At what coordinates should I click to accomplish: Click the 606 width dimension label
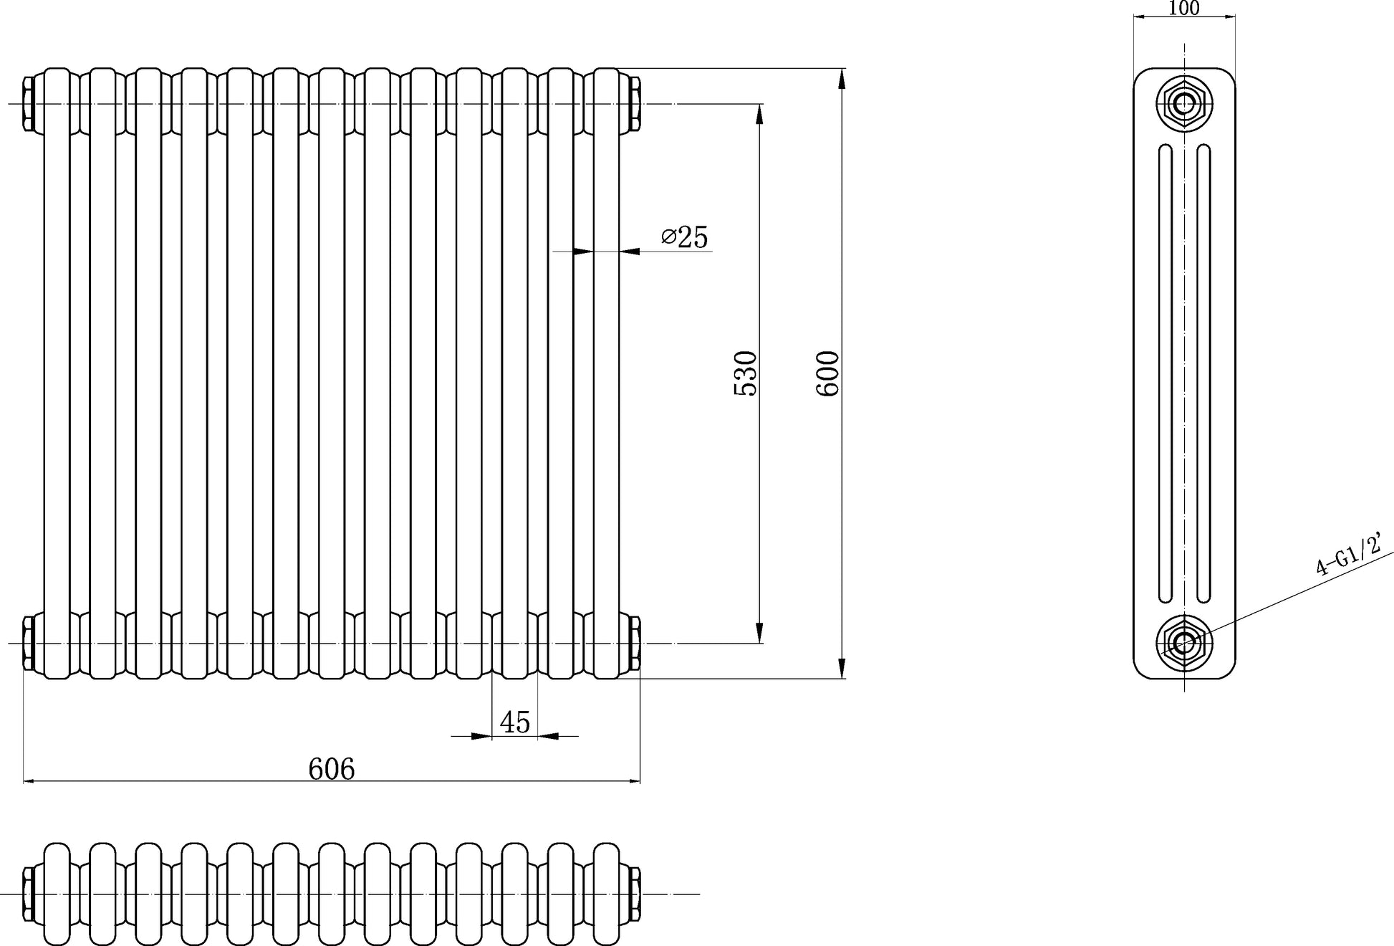click(331, 769)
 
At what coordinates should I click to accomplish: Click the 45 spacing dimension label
click(515, 722)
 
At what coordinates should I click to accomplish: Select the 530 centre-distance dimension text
click(745, 373)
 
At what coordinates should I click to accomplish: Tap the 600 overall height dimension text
click(827, 373)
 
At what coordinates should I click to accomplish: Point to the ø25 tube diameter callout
click(685, 236)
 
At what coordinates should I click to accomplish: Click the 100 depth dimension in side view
click(1183, 8)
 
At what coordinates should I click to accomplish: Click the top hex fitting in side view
click(1184, 104)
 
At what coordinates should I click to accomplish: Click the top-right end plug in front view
click(635, 104)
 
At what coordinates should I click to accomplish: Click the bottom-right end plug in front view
click(635, 643)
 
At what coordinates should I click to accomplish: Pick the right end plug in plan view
click(635, 894)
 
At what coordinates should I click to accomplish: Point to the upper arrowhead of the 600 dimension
click(842, 79)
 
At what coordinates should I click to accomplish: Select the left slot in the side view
click(1165, 373)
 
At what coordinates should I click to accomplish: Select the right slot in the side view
click(1203, 373)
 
